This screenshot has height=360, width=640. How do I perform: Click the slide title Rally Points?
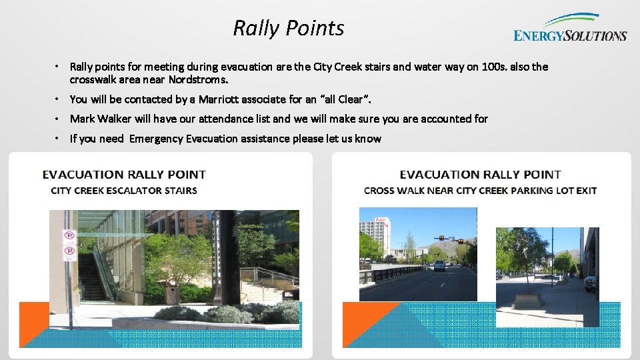pos(288,28)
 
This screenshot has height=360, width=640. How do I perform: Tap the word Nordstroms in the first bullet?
pos(198,80)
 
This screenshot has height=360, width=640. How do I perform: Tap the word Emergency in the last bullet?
pos(155,139)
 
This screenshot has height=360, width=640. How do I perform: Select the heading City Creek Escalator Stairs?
pos(124,191)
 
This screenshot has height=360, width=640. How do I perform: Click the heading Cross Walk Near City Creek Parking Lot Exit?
pos(480,191)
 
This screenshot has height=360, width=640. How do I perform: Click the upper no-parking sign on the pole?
pos(69,235)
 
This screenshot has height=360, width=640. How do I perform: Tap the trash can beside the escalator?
pos(172,293)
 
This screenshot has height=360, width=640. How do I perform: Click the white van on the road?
pos(439,265)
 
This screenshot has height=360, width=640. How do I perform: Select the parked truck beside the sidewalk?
pos(589,283)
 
